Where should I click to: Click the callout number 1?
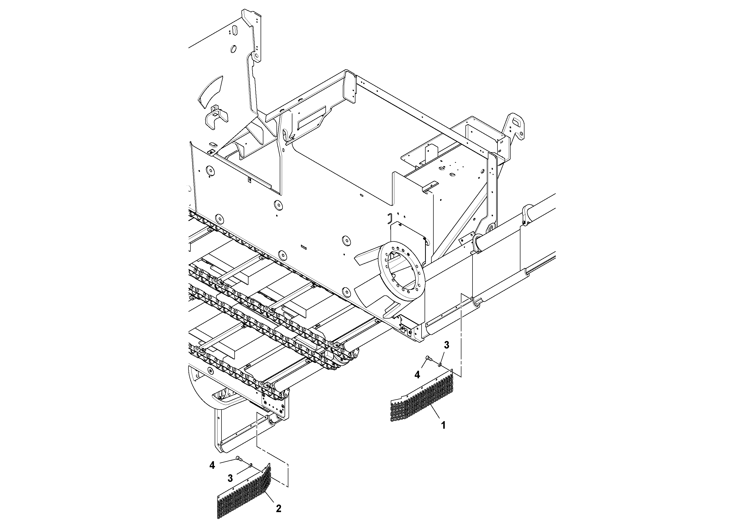(443, 425)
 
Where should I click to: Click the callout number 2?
(278, 508)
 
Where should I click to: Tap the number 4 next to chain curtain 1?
(417, 375)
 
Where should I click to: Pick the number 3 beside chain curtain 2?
(230, 478)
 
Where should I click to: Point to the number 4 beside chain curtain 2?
(212, 465)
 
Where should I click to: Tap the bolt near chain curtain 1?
(428, 358)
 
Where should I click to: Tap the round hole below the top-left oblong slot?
(233, 49)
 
